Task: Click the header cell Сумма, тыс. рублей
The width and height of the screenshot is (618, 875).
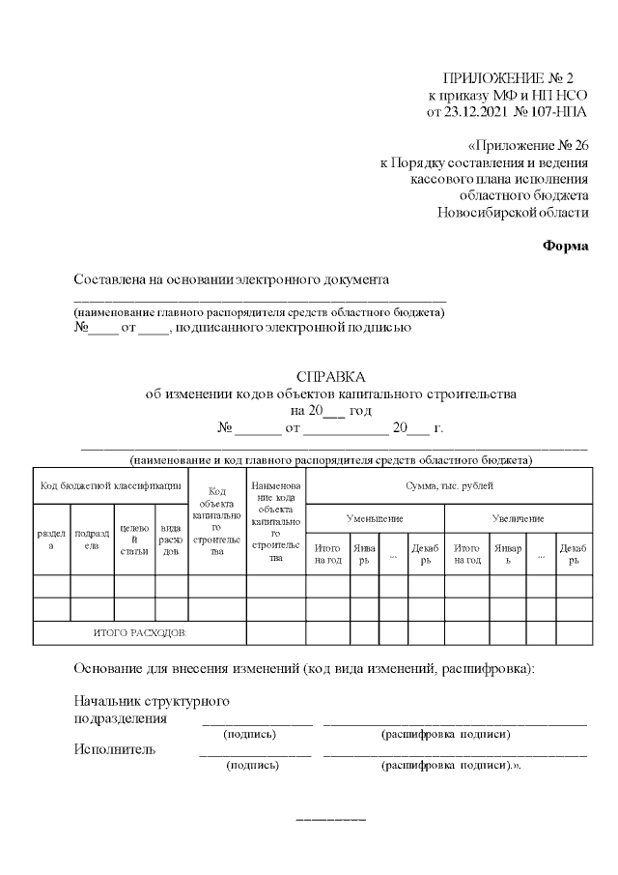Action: tap(448, 485)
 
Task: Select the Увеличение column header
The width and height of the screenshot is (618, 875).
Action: tap(518, 519)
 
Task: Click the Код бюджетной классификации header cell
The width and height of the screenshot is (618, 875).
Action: tap(110, 485)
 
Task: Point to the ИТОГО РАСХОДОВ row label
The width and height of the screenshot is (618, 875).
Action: tap(140, 632)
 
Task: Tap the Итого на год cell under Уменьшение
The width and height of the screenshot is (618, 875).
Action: tap(328, 554)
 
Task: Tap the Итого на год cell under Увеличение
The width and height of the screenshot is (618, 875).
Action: tap(466, 554)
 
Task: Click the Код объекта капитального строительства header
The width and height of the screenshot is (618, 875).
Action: tap(217, 522)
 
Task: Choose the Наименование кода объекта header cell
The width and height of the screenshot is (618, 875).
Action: tap(275, 521)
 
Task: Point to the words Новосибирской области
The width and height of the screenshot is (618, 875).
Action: tap(512, 213)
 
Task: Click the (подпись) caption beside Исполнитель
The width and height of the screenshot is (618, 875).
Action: tap(252, 765)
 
